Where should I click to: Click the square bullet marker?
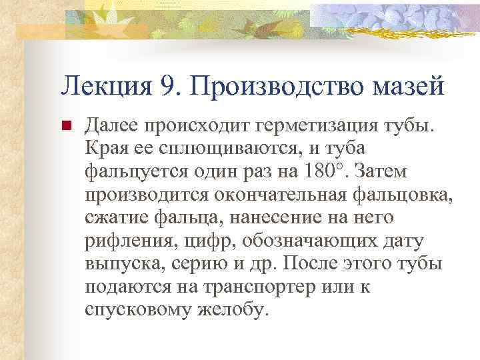click(x=66, y=126)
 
